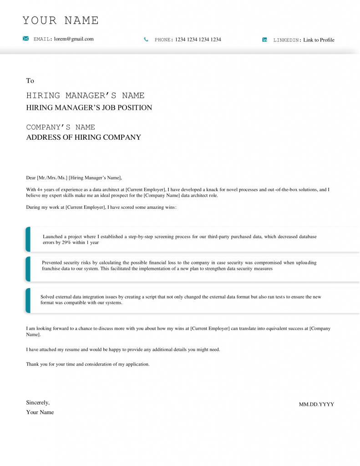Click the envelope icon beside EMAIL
tap(26, 39)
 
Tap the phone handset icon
tap(146, 40)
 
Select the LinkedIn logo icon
tap(265, 40)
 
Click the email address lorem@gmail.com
tap(74, 39)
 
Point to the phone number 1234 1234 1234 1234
tap(198, 40)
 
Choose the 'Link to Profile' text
tap(319, 40)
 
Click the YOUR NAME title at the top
tap(61, 20)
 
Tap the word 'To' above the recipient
tap(30, 81)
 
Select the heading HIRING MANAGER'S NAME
tap(85, 96)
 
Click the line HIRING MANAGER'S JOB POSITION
tap(89, 108)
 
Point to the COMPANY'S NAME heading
tap(61, 127)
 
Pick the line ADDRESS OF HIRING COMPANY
tap(83, 137)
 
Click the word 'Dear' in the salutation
tap(31, 178)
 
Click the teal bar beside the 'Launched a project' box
tap(28, 239)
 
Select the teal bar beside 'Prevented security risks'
tap(28, 269)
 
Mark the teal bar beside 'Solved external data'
tap(28, 300)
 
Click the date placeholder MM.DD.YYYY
tap(316, 404)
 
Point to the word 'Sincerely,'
tap(38, 403)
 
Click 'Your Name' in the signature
tap(40, 412)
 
